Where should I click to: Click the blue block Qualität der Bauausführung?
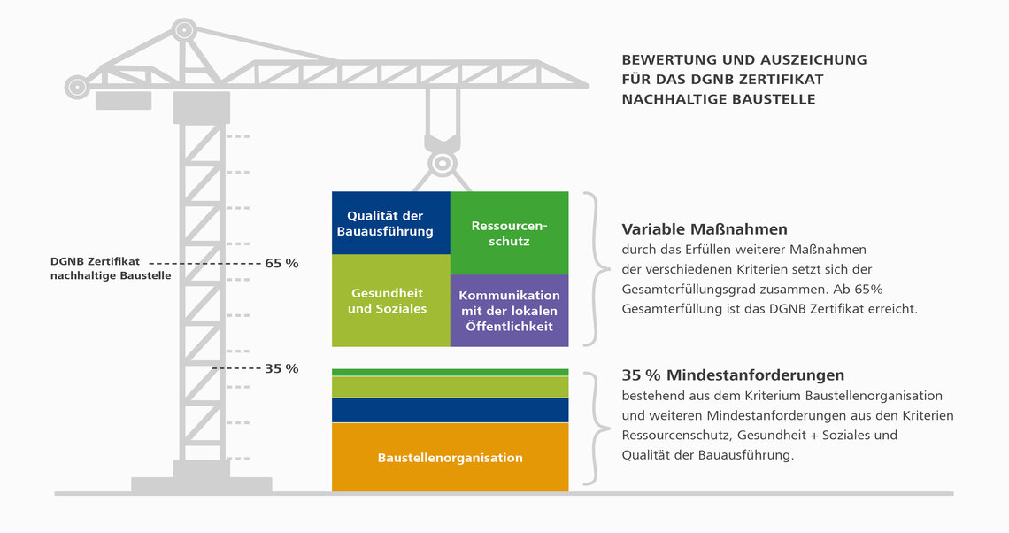(x=390, y=223)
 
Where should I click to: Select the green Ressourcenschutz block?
(x=509, y=233)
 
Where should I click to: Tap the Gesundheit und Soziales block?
(x=390, y=301)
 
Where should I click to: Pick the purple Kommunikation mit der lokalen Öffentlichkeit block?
(x=509, y=311)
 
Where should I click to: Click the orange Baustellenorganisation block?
(x=450, y=457)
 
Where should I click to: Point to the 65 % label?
(x=281, y=263)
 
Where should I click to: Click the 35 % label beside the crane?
(x=281, y=369)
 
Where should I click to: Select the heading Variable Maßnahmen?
(x=704, y=229)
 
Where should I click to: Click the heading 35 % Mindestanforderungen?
(x=733, y=375)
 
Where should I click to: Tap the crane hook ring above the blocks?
(x=442, y=163)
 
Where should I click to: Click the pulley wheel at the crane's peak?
(x=184, y=29)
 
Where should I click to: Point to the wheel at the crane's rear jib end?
(x=77, y=86)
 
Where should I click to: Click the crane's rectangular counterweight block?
(x=124, y=100)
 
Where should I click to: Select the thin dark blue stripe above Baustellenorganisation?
(x=450, y=410)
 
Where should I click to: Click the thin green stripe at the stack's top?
(x=450, y=372)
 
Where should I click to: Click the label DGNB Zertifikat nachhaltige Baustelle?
(x=111, y=268)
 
